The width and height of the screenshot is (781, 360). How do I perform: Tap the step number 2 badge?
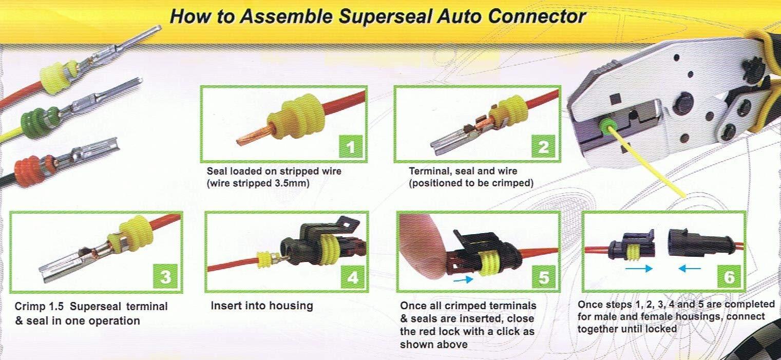click(543, 148)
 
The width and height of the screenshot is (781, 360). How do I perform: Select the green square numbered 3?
click(165, 277)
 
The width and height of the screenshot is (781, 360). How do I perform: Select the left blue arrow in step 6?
click(639, 268)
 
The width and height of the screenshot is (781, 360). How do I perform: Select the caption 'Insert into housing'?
click(261, 306)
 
